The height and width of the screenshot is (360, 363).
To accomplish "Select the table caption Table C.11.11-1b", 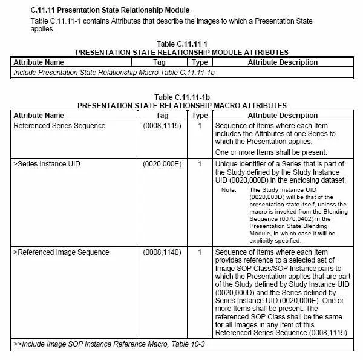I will pyautogui.click(x=181, y=97).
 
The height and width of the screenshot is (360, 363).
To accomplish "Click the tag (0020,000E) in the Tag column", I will pyautogui.click(x=162, y=163).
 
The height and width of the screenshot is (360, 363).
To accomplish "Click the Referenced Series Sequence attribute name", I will pyautogui.click(x=59, y=126).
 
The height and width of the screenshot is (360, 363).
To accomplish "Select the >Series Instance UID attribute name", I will pyautogui.click(x=47, y=163).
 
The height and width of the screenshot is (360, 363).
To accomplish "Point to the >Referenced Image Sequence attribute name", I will pyautogui.click(x=61, y=252).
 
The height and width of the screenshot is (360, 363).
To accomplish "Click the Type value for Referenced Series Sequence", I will pyautogui.click(x=200, y=126).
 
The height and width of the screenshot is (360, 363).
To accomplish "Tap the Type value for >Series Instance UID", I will pyautogui.click(x=200, y=163).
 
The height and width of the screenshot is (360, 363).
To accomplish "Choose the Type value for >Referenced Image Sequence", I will pyautogui.click(x=200, y=252).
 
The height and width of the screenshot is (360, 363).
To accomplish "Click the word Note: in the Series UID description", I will pyautogui.click(x=228, y=190).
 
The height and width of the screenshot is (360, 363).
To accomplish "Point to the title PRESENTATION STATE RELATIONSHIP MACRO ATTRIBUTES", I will pyautogui.click(x=181, y=105).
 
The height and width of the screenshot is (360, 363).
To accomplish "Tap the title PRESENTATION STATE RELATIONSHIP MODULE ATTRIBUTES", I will pyautogui.click(x=181, y=53).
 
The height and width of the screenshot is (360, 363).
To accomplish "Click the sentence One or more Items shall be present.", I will pyautogui.click(x=271, y=152).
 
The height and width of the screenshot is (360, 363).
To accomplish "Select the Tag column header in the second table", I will pyautogui.click(x=162, y=115).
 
